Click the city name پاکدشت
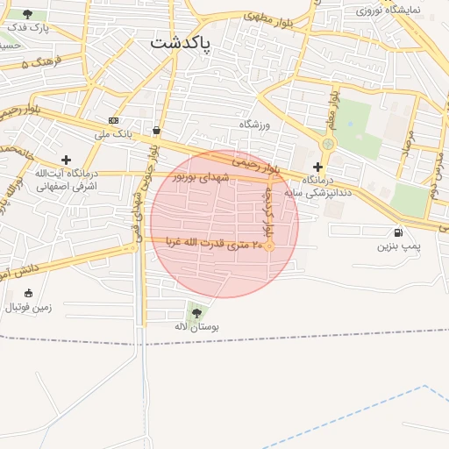click(x=181, y=43)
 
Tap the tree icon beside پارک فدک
click(x=28, y=14)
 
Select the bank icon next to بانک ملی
click(x=113, y=119)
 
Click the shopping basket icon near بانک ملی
click(x=156, y=131)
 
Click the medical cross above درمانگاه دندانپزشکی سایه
click(x=317, y=166)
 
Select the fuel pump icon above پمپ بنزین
click(x=399, y=232)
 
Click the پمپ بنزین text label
click(x=399, y=247)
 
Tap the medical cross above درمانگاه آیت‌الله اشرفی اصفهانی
click(x=66, y=159)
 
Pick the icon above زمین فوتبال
click(x=29, y=293)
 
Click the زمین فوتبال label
click(x=29, y=307)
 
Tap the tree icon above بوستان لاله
click(x=196, y=311)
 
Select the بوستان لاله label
click(x=196, y=326)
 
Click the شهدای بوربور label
click(x=201, y=177)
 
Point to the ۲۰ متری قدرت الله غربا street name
click(x=209, y=243)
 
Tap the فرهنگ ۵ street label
click(x=39, y=61)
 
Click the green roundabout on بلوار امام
click(x=328, y=144)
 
